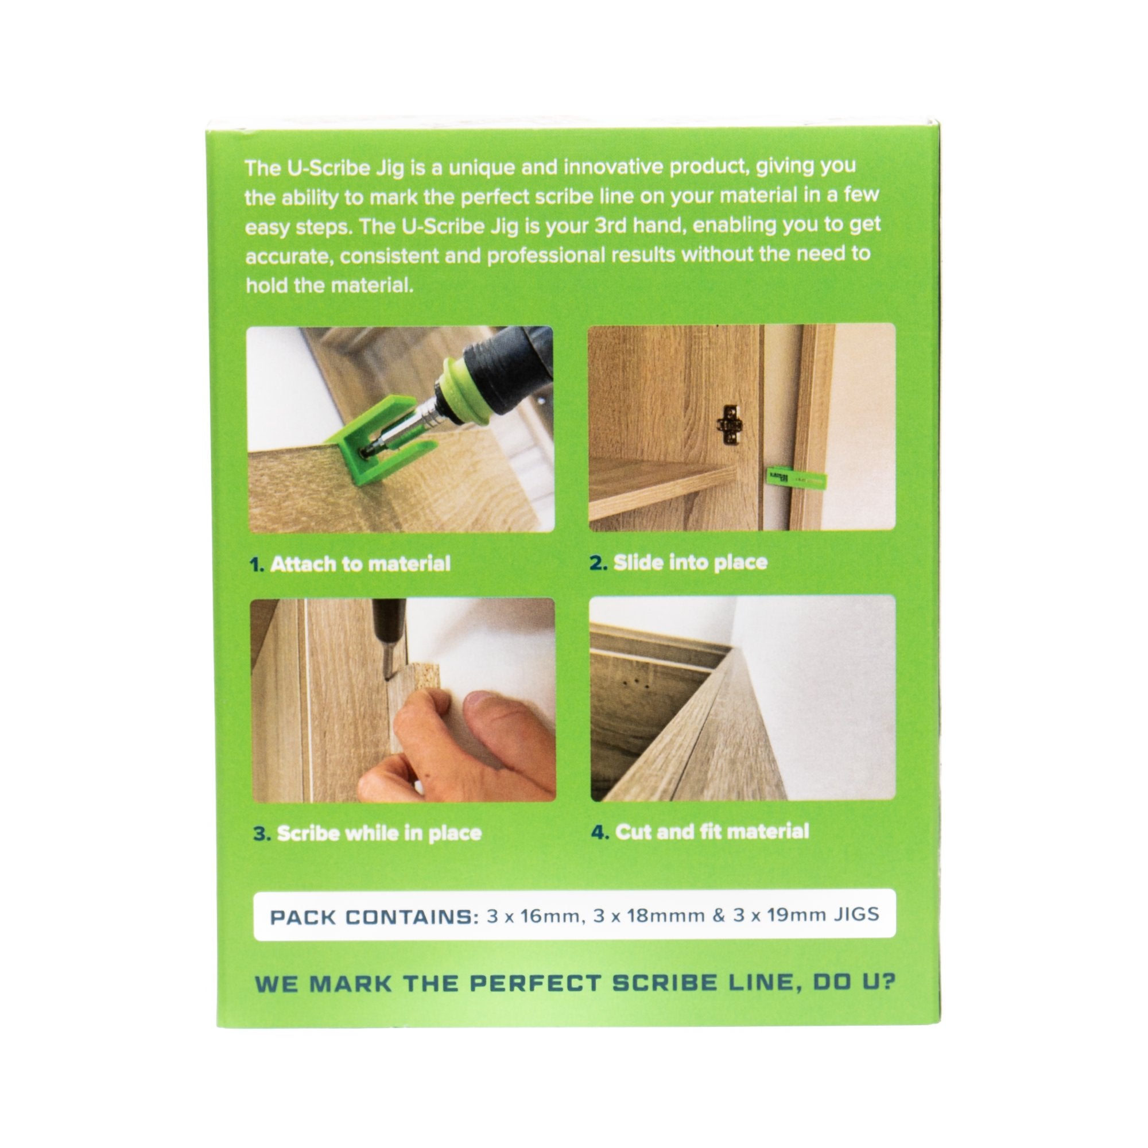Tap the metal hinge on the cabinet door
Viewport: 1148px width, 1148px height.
(730, 424)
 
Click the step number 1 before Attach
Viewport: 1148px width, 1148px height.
(256, 564)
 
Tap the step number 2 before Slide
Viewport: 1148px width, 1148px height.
(598, 563)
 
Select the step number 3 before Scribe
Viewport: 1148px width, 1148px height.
(261, 833)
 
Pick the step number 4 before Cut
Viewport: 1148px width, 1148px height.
(600, 832)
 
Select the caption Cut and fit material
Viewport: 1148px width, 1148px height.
(712, 832)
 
